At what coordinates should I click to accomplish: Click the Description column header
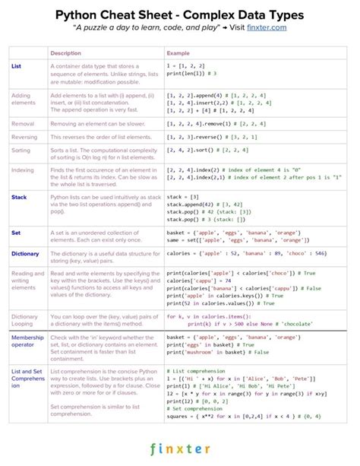click(x=66, y=53)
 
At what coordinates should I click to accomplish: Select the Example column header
click(x=178, y=53)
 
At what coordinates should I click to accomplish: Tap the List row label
click(x=17, y=66)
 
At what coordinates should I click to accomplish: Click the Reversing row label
click(x=25, y=137)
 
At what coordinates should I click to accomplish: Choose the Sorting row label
click(x=22, y=151)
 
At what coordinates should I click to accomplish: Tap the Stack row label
click(x=19, y=197)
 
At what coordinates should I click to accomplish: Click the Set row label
click(x=16, y=231)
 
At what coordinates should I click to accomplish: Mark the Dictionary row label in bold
click(x=25, y=253)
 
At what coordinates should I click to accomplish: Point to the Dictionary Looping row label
click(x=25, y=319)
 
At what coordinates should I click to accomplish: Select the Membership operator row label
click(x=28, y=340)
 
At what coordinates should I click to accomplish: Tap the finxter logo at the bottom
click(x=180, y=449)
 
